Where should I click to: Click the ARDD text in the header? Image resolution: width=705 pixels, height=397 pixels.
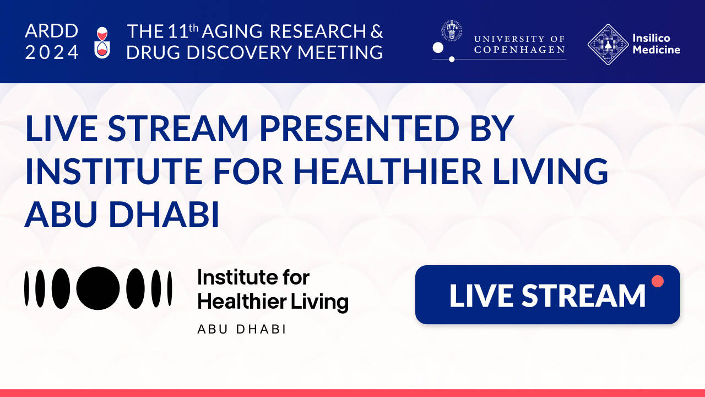[x=52, y=31]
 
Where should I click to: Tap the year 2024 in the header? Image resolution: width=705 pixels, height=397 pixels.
[x=52, y=52]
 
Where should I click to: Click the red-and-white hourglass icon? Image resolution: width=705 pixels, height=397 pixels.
[x=102, y=42]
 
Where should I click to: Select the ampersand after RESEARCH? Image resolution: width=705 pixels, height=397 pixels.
[x=376, y=31]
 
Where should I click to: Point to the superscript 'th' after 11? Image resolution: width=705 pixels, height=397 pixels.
[x=193, y=28]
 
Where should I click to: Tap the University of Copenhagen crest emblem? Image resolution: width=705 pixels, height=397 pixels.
[x=451, y=30]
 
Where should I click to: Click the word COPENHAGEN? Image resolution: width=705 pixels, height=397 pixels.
[x=519, y=50]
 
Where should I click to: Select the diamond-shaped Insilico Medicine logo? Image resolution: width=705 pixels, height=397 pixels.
[x=608, y=45]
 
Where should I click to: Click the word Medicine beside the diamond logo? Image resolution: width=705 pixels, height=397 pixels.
[x=657, y=50]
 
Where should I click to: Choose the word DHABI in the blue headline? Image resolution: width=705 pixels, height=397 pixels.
[x=164, y=214]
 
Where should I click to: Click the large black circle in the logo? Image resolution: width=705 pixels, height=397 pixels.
[x=98, y=288]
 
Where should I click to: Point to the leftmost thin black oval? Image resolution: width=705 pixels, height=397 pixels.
[x=27, y=288]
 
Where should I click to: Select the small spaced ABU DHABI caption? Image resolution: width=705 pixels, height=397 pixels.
[x=241, y=329]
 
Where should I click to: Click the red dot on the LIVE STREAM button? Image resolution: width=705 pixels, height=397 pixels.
[x=658, y=281]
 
